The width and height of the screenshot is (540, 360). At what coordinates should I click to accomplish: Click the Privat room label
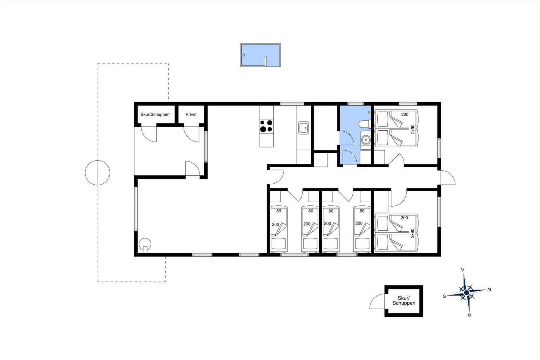tap(191, 114)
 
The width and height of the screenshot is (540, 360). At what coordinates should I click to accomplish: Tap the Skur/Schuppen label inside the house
tap(155, 114)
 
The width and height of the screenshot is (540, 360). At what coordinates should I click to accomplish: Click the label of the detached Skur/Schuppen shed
tap(404, 301)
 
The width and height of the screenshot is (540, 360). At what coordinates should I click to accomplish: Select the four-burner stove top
tap(266, 126)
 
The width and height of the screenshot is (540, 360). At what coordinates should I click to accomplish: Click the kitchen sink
tap(303, 128)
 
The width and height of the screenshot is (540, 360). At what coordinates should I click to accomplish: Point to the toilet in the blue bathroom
tap(365, 124)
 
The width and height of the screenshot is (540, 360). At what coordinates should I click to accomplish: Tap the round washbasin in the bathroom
tap(366, 140)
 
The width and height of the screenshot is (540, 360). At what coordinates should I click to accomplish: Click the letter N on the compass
tap(489, 289)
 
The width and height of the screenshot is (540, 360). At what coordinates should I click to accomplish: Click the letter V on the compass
tap(463, 270)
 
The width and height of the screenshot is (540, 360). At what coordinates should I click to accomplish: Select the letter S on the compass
tap(444, 296)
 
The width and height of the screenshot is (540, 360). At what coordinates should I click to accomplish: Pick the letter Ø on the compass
tap(469, 315)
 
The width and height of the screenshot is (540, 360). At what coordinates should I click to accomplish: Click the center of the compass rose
tap(466, 293)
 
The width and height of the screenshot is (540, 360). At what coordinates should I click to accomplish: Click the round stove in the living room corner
tap(145, 245)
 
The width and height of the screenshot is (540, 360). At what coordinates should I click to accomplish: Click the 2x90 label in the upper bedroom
tap(412, 129)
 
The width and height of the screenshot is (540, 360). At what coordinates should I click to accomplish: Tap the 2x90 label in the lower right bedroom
tap(412, 233)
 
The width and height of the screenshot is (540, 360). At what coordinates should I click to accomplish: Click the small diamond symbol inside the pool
tap(244, 55)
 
